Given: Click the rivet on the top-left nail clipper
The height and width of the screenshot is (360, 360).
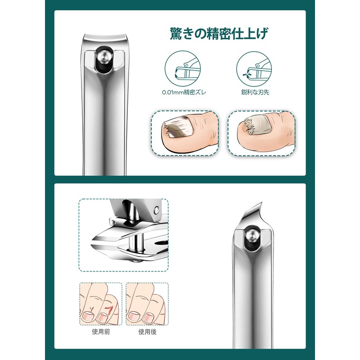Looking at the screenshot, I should pyautogui.click(x=103, y=57).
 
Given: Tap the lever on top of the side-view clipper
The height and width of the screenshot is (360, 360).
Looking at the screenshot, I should pyautogui.click(x=135, y=211).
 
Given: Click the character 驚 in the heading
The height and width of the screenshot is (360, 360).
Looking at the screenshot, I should pyautogui.click(x=176, y=34).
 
